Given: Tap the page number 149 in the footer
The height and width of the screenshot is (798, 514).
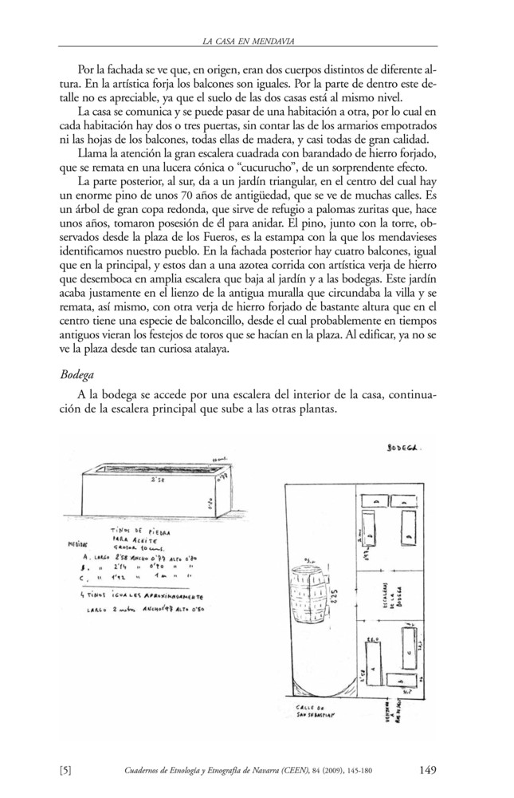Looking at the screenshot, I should (427, 770).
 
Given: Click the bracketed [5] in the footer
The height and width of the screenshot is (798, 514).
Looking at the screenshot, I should (67, 770).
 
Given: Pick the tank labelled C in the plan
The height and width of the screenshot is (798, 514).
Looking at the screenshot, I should (409, 650).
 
